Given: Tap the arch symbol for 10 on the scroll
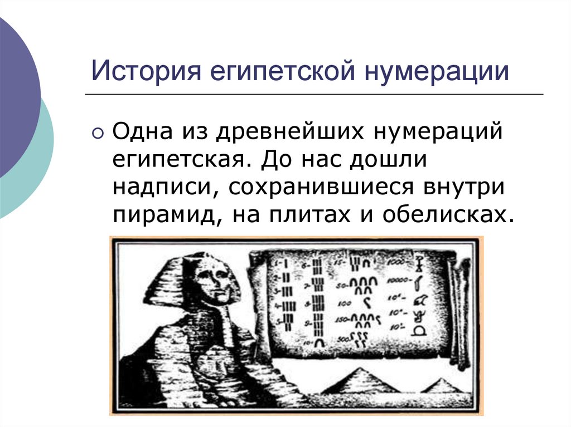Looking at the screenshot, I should [319, 342].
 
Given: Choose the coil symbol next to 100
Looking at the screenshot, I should [366, 303].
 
